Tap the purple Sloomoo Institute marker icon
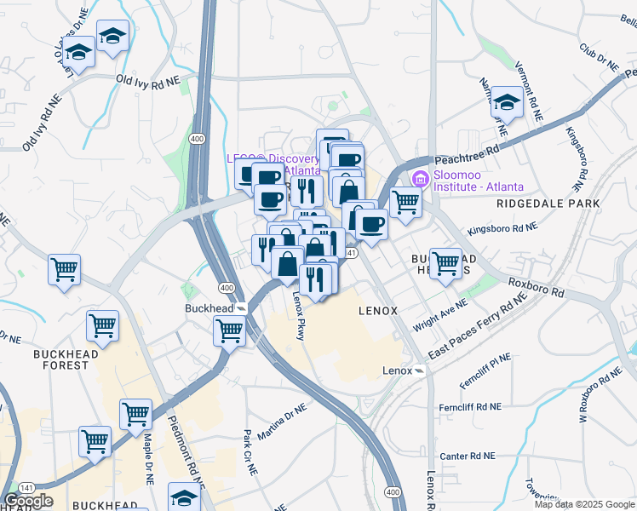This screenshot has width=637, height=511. click(419, 180)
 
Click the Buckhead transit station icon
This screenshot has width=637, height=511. click(242, 307)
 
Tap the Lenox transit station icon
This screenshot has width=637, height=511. click(419, 371)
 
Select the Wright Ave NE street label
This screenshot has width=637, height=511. click(439, 315)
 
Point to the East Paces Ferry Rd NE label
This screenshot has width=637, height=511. click(479, 328)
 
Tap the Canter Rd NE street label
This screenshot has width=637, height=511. click(465, 456)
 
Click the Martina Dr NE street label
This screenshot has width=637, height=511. click(281, 423)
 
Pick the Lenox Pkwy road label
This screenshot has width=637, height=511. click(299, 317)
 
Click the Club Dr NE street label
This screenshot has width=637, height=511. click(599, 57)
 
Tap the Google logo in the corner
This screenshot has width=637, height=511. click(28, 500)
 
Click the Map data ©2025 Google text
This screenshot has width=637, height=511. click(584, 504)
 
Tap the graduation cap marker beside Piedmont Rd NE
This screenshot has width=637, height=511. click(183, 497)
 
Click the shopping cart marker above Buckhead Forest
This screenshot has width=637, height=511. click(102, 325)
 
